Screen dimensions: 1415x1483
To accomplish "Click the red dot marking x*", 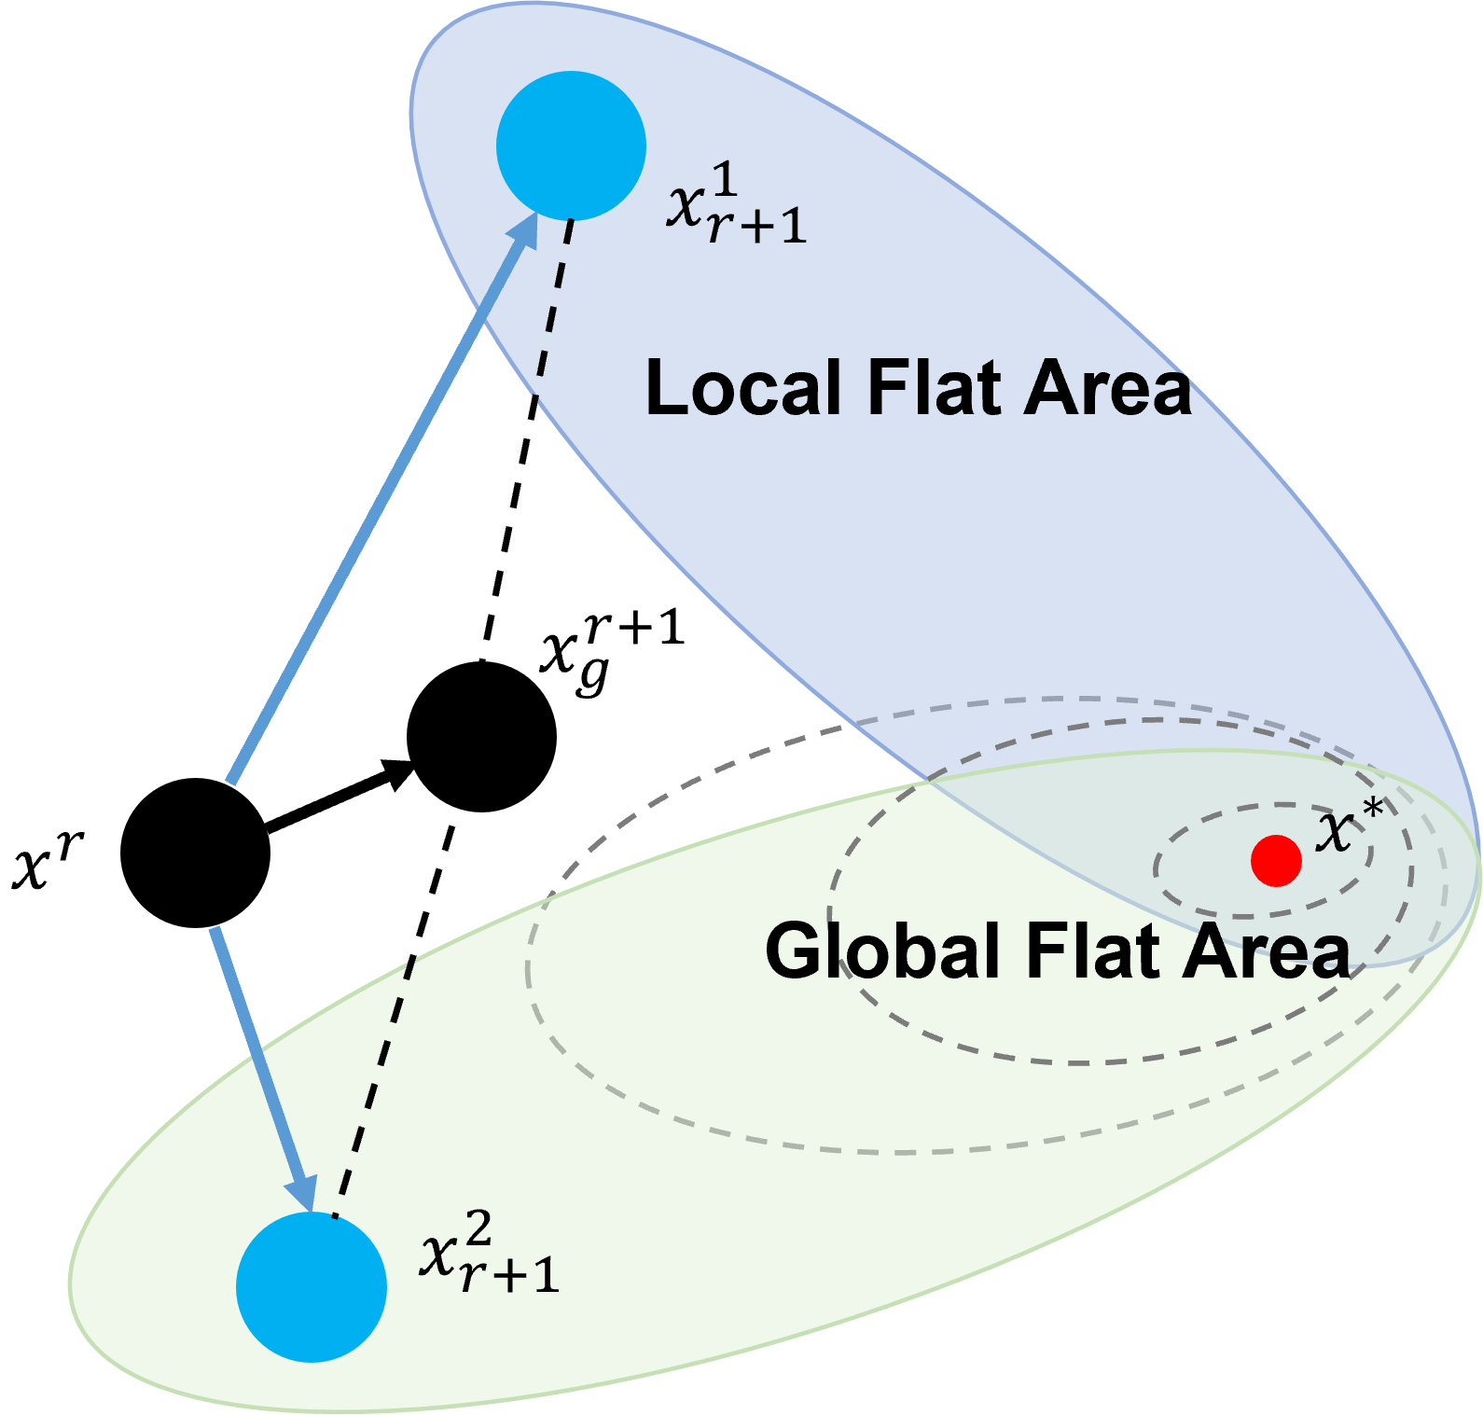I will (1276, 860).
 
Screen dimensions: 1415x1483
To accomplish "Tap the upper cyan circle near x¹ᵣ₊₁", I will (571, 146).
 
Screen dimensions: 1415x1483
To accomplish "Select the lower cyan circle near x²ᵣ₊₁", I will (312, 1287).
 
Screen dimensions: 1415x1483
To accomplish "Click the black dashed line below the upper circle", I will (552, 308).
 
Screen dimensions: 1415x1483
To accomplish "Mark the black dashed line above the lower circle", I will (373, 1087).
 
